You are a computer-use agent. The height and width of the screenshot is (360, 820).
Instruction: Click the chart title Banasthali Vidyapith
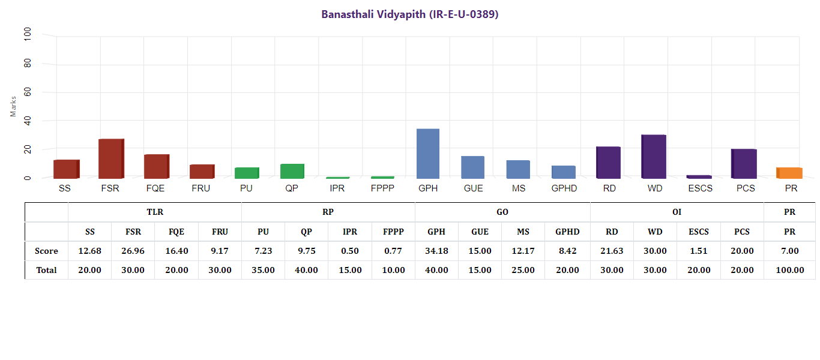pos(410,14)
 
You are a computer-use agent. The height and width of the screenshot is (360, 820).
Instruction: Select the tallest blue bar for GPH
pos(428,154)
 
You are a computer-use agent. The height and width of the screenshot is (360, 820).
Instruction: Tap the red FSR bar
pos(110,159)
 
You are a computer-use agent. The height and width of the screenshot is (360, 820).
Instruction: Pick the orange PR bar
pos(789,173)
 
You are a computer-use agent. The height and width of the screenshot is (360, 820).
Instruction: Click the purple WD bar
pos(654,157)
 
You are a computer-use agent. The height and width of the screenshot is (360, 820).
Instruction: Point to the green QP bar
pos(292,171)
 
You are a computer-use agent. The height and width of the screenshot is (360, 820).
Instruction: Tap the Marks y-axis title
pos(13,106)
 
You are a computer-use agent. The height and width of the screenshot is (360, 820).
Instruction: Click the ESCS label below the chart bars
pos(699,188)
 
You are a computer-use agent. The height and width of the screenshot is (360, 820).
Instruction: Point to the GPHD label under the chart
pos(564,188)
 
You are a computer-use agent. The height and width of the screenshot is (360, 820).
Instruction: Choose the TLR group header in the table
pos(155,212)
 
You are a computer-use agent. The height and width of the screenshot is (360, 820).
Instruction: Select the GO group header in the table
pos(502,212)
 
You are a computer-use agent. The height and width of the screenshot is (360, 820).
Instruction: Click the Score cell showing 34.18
pos(436,251)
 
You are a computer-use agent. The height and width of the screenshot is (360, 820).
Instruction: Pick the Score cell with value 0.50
pos(350,251)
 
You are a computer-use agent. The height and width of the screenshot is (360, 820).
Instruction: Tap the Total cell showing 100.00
pos(789,270)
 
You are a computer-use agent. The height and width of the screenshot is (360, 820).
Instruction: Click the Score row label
pos(46,251)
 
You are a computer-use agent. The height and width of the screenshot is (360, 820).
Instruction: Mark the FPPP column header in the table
pos(393,232)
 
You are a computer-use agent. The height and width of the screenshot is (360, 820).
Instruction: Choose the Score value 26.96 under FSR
pos(133,251)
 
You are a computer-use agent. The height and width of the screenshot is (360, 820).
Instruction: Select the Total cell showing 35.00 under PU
pos(263,270)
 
